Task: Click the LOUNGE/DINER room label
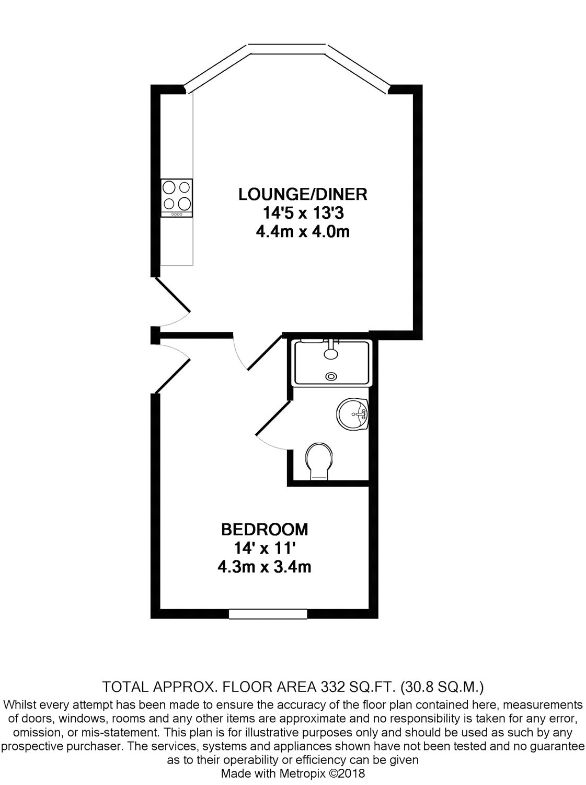coord(303,195)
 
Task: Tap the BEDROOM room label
coord(265,529)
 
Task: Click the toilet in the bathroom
coord(319,461)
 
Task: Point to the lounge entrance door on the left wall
coord(173,304)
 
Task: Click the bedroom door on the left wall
coord(173,369)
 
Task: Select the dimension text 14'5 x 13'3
coord(303,213)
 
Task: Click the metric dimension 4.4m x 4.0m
coord(303,231)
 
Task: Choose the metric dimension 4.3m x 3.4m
coord(265,566)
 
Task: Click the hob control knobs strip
coord(177,214)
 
